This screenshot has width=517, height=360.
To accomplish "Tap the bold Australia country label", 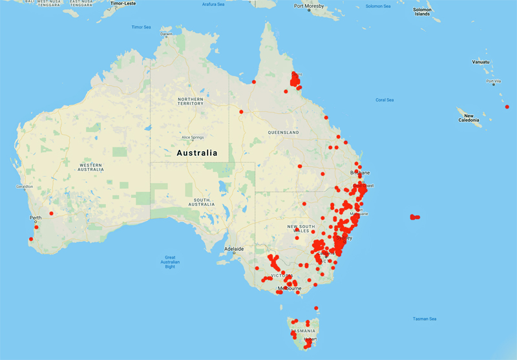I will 197,153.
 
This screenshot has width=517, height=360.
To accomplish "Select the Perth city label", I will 36,218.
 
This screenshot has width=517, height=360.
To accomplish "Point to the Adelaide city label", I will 233,248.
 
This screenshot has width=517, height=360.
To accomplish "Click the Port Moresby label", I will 308,6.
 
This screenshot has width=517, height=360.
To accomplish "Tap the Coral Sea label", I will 385,100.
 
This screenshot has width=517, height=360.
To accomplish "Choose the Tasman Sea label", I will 425,319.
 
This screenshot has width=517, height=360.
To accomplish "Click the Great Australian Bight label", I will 170,261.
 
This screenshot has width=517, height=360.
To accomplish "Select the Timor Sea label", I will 141,27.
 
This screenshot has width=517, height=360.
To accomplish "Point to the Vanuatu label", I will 481,62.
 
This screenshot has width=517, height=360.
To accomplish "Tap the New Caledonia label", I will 469,117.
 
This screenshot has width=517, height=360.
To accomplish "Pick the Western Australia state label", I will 90,167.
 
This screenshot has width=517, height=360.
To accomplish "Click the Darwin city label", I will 167,34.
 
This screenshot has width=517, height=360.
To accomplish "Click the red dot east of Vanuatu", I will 507,107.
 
